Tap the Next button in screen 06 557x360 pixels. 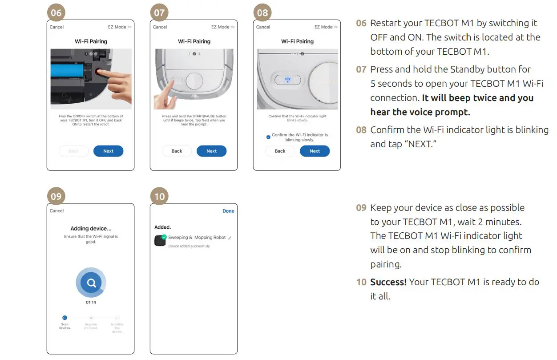108,151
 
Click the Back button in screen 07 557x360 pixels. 177,151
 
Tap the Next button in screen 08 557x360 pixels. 315,151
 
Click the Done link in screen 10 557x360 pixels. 228,211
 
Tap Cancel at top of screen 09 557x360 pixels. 57,211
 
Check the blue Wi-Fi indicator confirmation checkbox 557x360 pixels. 268,137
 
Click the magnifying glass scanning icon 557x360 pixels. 91,283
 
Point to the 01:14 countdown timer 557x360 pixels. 91,303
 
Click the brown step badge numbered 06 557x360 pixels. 56,12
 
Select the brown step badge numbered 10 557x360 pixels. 159,196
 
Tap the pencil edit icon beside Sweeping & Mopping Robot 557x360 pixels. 230,238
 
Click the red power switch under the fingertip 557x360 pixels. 98,71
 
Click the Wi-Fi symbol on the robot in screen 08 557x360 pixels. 288,80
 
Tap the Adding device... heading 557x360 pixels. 91,228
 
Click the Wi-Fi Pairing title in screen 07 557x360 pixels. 194,41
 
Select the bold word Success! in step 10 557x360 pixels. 388,282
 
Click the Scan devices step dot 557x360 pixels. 65,318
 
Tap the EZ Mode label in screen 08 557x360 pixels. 323,27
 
